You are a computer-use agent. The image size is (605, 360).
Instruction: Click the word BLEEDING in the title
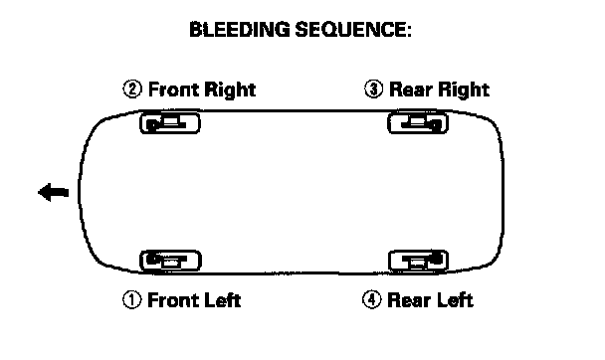point(239,29)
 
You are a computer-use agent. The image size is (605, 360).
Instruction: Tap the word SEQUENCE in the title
point(350,29)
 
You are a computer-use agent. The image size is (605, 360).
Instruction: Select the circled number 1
point(132,300)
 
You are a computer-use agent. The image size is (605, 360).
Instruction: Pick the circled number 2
point(132,90)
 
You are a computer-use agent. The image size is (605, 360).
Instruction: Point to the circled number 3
point(373,90)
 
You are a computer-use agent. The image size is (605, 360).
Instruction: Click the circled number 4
point(372,299)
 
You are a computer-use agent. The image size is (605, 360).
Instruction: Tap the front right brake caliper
point(170,123)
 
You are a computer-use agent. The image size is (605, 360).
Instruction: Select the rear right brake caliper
point(418,123)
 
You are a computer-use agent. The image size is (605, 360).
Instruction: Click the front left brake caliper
point(170,261)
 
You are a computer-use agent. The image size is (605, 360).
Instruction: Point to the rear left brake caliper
point(418,261)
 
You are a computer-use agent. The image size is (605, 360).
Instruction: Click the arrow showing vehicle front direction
point(54,192)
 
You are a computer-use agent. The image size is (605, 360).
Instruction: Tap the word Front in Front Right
point(173,90)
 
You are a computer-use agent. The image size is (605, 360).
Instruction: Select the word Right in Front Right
point(230,90)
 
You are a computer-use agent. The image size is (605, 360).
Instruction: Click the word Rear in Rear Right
point(411,90)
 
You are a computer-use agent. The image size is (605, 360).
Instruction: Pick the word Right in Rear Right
point(464,90)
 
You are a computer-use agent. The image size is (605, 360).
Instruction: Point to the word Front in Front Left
point(172,300)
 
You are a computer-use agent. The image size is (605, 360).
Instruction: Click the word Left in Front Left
point(222,300)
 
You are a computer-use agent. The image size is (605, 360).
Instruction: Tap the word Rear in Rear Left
point(409,300)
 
